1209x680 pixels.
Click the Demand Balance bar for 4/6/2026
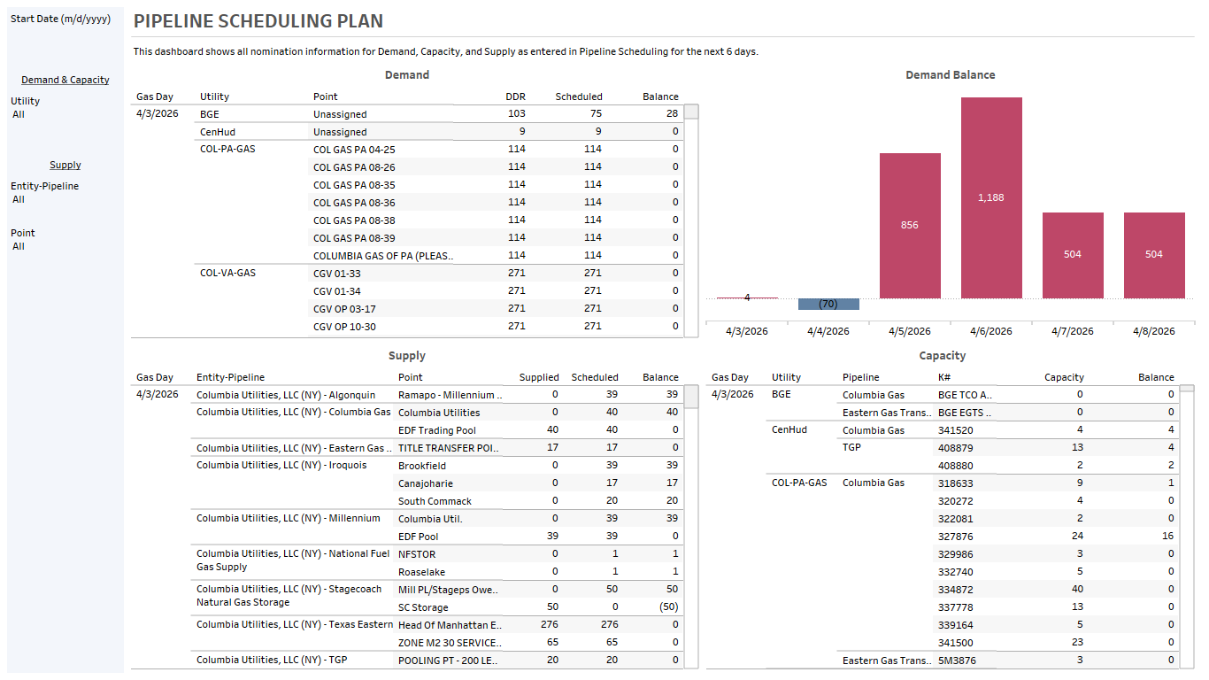click(991, 197)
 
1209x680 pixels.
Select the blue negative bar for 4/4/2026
click(828, 305)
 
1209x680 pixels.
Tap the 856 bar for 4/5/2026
click(910, 225)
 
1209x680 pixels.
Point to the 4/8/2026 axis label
click(1154, 331)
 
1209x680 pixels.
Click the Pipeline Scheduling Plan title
click(258, 21)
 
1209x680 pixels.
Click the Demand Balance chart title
click(950, 75)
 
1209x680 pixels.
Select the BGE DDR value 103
click(516, 113)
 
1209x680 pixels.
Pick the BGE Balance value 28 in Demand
click(672, 113)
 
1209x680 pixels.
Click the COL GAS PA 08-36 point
click(354, 203)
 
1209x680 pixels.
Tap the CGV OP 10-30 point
click(344, 327)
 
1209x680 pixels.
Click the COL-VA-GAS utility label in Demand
click(227, 273)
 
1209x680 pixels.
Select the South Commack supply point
click(435, 501)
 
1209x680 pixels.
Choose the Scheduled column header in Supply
click(594, 377)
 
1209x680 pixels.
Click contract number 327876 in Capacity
click(955, 537)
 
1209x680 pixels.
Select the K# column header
click(944, 377)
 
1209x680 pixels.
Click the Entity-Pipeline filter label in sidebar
click(44, 186)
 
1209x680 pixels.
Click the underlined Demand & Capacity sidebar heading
click(65, 80)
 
